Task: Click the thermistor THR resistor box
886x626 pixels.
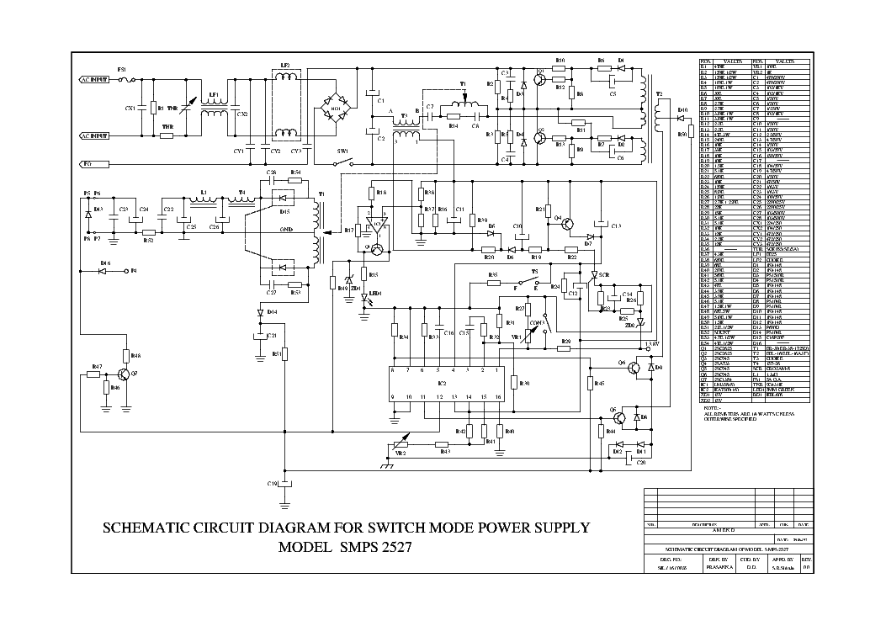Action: coord(167,135)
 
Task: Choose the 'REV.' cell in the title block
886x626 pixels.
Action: coord(806,557)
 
